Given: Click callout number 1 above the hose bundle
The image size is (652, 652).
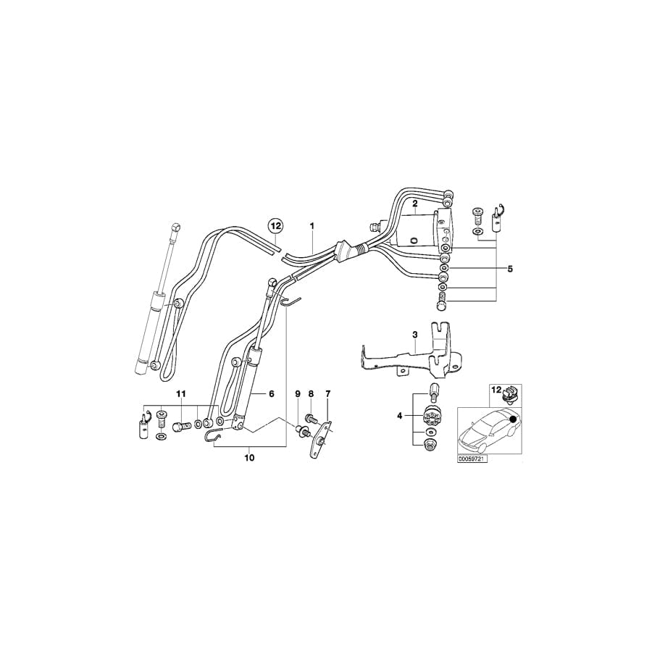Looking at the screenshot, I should pyautogui.click(x=312, y=226).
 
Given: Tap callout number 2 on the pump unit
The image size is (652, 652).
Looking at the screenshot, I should pyautogui.click(x=414, y=205).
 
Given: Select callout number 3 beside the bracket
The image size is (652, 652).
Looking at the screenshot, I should pyautogui.click(x=415, y=335).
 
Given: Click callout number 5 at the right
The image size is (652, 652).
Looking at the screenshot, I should pyautogui.click(x=509, y=269).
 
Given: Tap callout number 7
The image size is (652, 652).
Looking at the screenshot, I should pyautogui.click(x=327, y=393).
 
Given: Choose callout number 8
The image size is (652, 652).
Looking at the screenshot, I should pyautogui.click(x=312, y=393).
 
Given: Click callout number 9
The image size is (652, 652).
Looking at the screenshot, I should pyautogui.click(x=296, y=393).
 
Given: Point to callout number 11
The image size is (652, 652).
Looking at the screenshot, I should pyautogui.click(x=181, y=393).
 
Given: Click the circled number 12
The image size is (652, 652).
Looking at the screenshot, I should pyautogui.click(x=276, y=226).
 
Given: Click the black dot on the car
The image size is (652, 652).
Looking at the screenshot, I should pyautogui.click(x=514, y=419).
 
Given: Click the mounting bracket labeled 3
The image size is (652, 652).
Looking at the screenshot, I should pyautogui.click(x=406, y=355).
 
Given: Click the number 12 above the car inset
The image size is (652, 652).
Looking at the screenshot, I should pyautogui.click(x=496, y=390).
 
